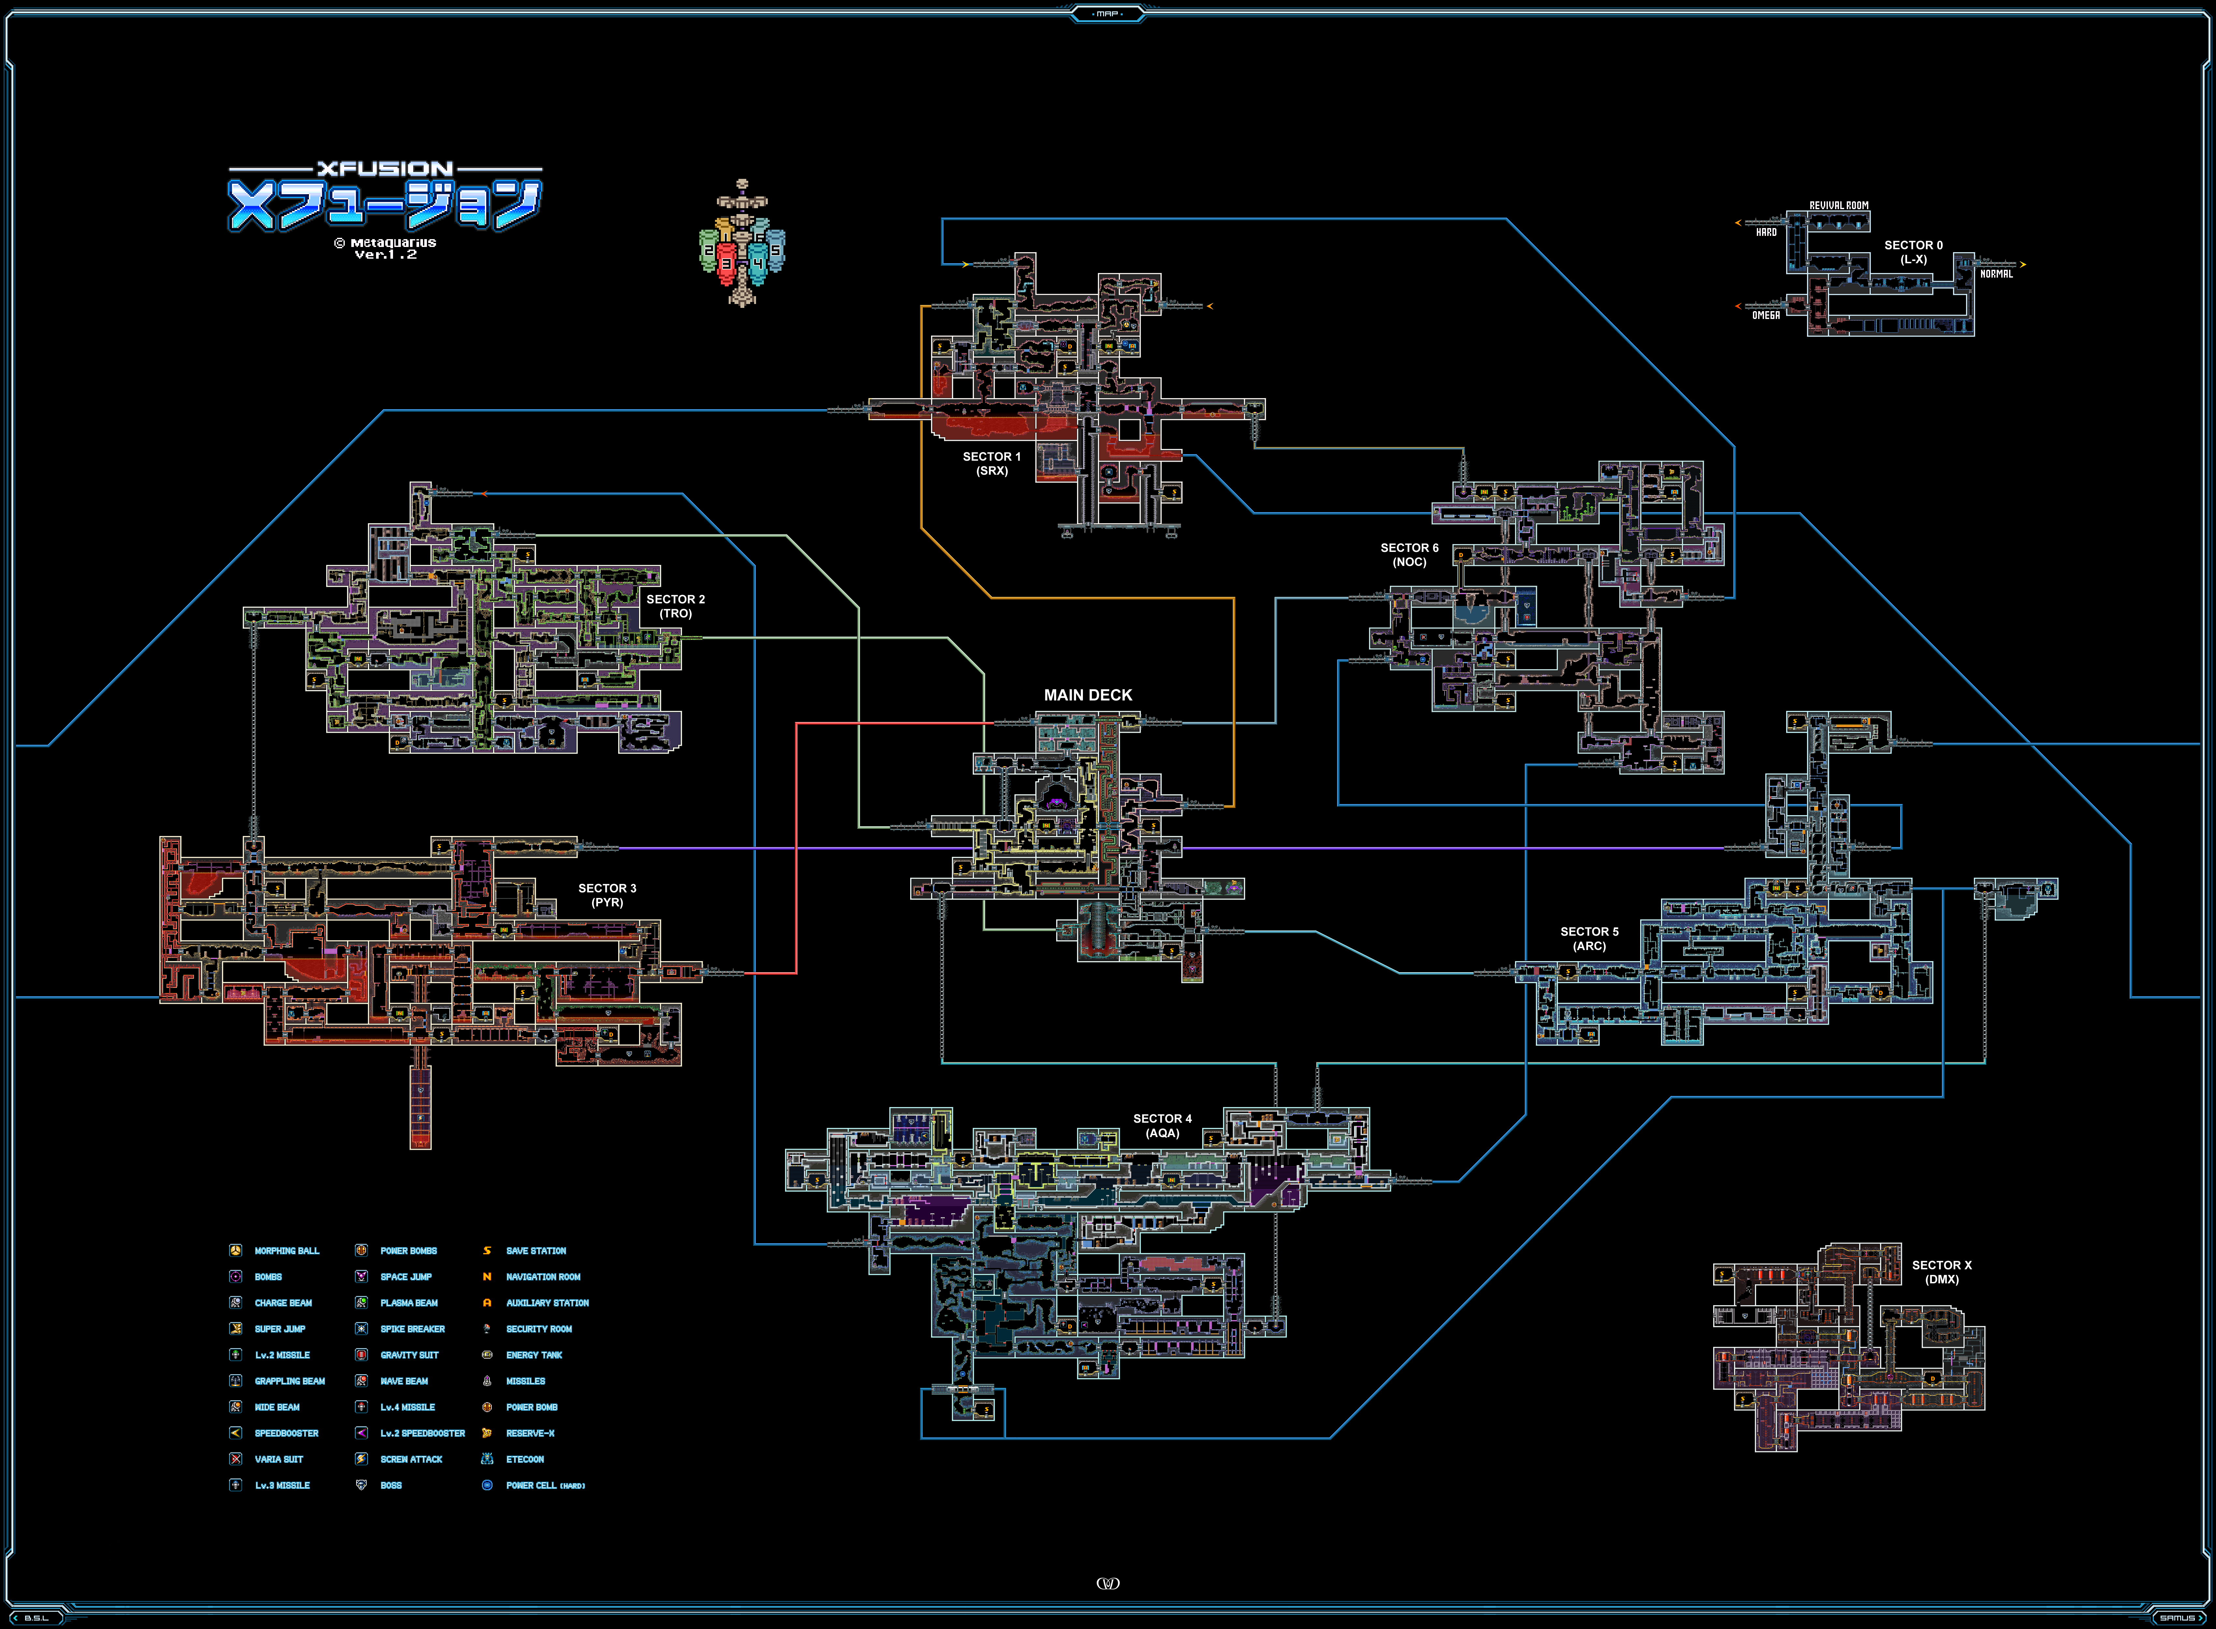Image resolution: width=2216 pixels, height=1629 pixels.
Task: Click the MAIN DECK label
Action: (x=1088, y=695)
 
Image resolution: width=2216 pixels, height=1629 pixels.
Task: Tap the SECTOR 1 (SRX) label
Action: (x=991, y=464)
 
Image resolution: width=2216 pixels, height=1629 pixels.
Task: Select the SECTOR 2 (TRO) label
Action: (x=676, y=606)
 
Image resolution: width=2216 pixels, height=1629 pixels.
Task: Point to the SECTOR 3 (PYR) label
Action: (x=606, y=895)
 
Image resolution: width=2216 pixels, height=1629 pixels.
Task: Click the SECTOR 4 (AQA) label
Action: (x=1162, y=1126)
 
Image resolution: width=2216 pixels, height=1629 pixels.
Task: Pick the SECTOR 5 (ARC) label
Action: (x=1589, y=939)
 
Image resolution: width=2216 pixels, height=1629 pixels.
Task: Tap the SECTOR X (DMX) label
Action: (x=1941, y=1272)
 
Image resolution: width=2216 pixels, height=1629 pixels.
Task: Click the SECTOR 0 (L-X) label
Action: (x=1913, y=252)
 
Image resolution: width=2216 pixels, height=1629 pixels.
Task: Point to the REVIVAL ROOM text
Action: (x=1838, y=205)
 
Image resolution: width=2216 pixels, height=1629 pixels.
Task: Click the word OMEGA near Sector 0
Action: (x=1765, y=316)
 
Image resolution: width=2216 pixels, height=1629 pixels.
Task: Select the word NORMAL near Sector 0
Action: (x=1996, y=274)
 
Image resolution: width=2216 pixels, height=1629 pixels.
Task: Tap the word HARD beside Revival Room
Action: (x=1765, y=233)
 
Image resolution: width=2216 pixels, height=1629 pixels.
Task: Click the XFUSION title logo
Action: (x=385, y=197)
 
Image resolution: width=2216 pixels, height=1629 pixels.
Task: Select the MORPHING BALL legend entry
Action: (x=286, y=1250)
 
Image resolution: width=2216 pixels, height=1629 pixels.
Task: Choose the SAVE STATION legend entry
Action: (x=535, y=1250)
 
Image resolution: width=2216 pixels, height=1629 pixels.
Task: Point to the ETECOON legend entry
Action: (x=525, y=1459)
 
